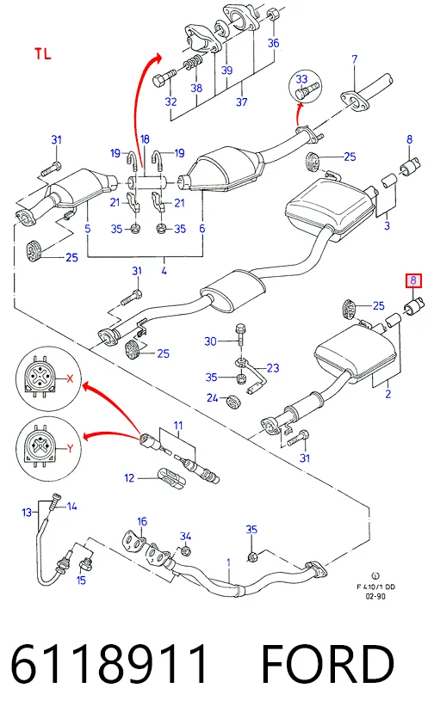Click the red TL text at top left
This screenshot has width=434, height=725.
pos(42,54)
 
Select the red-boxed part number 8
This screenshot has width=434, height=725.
pos(413,280)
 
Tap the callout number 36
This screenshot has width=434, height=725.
pos(273,43)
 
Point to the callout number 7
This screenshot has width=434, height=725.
pos(354,59)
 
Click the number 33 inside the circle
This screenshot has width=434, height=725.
pos(301,79)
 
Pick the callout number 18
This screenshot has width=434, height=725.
pos(145,139)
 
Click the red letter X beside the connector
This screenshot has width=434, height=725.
pos(70,378)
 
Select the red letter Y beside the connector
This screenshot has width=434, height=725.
pos(70,448)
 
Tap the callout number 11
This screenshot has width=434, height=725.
pos(178,425)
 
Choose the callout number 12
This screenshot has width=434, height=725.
pos(129,478)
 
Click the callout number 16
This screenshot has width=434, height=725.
pos(142,521)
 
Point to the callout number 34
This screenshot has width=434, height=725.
pos(185,536)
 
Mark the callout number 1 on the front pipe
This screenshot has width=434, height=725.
pos(228,562)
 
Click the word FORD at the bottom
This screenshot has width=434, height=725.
pos(327,664)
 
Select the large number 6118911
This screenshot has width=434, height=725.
pos(109,664)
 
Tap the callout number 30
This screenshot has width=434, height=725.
pos(210,341)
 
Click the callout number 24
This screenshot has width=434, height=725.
pos(212,397)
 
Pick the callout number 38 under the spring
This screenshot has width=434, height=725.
pos(196,88)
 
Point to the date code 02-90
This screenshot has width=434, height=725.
pos(375,596)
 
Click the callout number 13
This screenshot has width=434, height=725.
pos(27,513)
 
